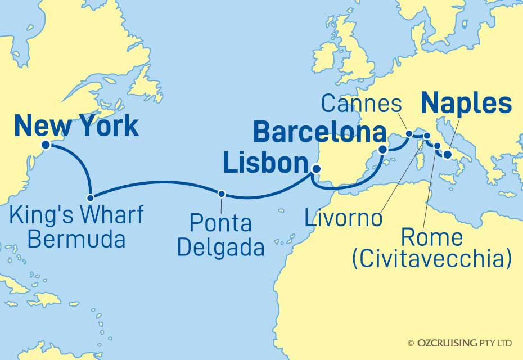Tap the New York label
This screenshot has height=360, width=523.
(x=76, y=125)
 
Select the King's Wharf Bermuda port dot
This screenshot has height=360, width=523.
(x=90, y=198)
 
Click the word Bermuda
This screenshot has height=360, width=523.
(x=76, y=240)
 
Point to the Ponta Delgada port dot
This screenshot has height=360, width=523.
(x=222, y=193)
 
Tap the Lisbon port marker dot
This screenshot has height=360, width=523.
(x=316, y=168)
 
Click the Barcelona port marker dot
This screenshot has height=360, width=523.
(x=383, y=150)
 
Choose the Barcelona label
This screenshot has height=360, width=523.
(x=319, y=133)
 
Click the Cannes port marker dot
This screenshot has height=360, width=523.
(x=409, y=134)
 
